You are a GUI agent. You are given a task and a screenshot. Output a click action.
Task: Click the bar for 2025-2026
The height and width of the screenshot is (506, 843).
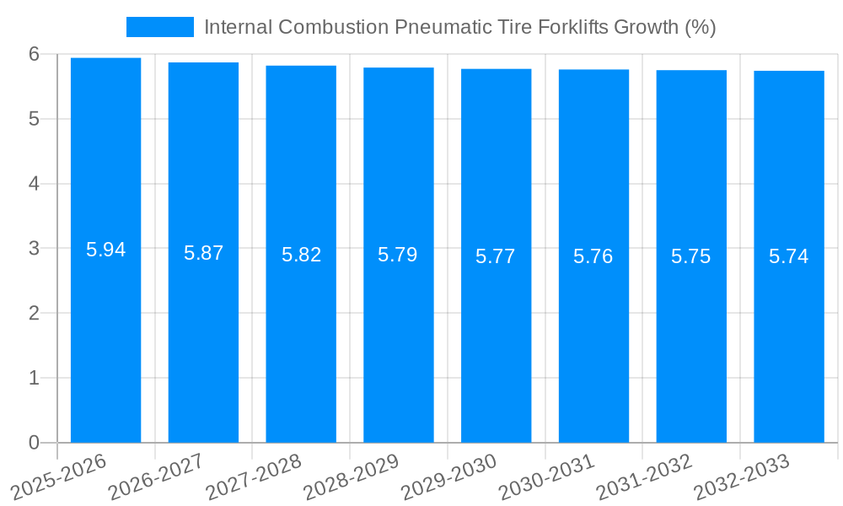coord(105,337)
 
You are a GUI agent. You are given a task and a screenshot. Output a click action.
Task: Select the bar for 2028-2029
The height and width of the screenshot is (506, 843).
coord(399,337)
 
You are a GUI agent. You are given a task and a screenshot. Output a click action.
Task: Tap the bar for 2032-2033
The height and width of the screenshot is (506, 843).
coord(789,337)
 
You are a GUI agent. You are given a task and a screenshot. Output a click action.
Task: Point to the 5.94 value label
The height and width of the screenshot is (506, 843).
coord(106,250)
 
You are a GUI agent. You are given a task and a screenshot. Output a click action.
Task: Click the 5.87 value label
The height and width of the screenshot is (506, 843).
coord(204,253)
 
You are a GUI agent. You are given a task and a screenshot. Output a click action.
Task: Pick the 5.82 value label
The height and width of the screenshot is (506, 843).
coord(302,255)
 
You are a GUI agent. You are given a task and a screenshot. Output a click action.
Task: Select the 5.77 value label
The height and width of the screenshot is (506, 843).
coord(496,256)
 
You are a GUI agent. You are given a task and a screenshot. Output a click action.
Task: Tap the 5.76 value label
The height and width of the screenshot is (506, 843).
coord(593,256)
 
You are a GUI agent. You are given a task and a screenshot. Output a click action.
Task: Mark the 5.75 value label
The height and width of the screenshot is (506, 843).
coord(691,256)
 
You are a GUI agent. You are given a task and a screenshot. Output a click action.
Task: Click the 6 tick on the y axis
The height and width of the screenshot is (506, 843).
coord(35,54)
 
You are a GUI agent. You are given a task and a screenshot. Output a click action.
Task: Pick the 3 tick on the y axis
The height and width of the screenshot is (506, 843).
coord(35,249)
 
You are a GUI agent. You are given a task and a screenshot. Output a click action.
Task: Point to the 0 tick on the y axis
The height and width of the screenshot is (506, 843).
coord(35,443)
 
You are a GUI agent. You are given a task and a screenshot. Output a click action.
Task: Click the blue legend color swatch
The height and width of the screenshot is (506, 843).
coord(160,27)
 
